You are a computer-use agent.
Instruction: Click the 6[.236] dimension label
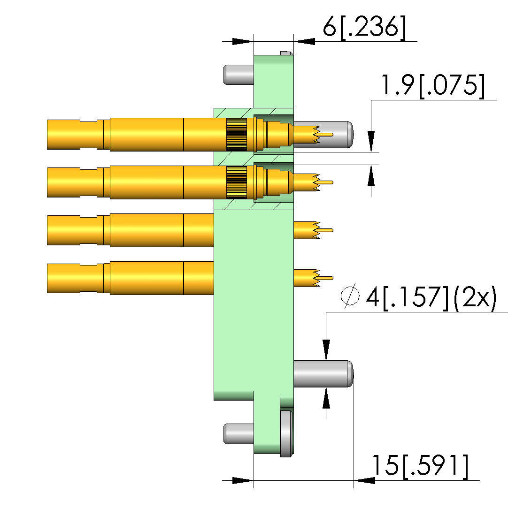click(x=364, y=27)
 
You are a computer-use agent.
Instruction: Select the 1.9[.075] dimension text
click(x=433, y=86)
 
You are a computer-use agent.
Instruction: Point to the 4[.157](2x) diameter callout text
click(x=431, y=297)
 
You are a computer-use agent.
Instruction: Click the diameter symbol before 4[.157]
click(x=350, y=296)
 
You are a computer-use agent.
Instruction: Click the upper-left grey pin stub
click(x=239, y=75)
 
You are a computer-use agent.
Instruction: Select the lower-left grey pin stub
click(x=239, y=434)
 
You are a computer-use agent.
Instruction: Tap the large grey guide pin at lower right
click(x=323, y=373)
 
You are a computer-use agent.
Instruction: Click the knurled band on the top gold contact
click(x=237, y=135)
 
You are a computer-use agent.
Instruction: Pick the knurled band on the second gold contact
click(x=237, y=182)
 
